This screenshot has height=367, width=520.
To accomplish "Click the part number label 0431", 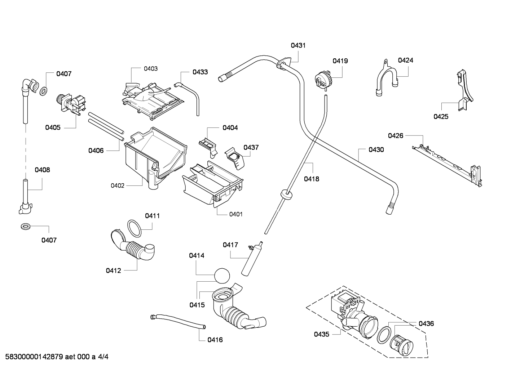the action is tap(298, 45).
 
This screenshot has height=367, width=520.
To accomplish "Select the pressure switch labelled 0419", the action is tap(322, 80).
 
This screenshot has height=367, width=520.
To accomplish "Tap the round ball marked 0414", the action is tap(222, 276).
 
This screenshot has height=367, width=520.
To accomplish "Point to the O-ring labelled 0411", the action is tap(135, 228).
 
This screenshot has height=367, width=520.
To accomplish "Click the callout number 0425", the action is tap(441, 117).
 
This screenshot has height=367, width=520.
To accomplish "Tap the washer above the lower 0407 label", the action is tap(25, 227).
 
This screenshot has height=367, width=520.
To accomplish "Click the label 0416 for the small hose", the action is tap(215, 340).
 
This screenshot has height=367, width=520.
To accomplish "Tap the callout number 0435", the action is tap(322, 334).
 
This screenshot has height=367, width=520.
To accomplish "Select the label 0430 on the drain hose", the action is tap(376, 150).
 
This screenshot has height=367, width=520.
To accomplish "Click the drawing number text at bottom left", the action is tap(57, 357).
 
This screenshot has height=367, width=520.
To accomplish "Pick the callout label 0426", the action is tap(396, 136).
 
